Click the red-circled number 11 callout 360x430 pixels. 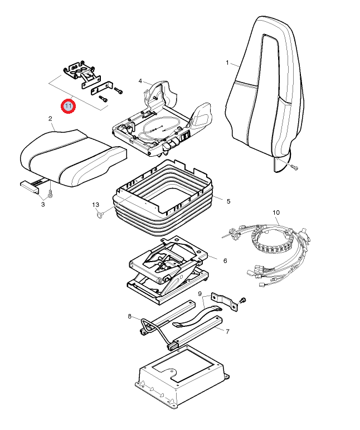pos(68,105)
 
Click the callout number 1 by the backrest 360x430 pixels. pos(227,62)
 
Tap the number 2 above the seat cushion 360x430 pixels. pos(50,119)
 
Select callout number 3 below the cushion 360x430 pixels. pos(42,205)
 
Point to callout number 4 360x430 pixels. pos(140,81)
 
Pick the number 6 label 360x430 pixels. pos(225,260)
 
